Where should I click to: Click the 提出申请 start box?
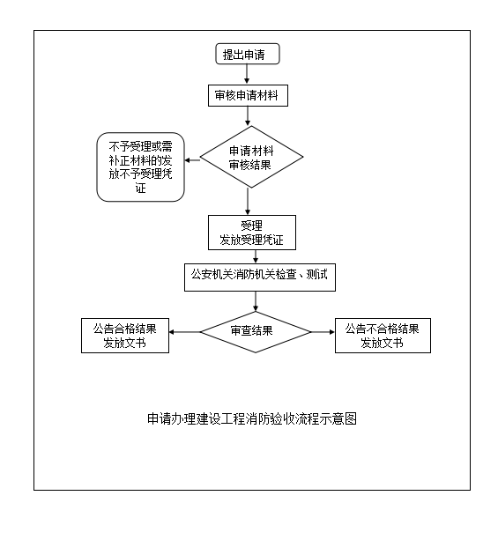(x=248, y=54)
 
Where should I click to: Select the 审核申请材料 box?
(x=248, y=95)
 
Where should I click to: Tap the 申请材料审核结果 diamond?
(x=251, y=157)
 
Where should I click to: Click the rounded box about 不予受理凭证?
(x=141, y=167)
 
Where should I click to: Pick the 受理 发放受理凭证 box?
(x=252, y=233)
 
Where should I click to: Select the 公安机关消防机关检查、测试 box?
(x=260, y=277)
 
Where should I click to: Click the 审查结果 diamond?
(x=256, y=332)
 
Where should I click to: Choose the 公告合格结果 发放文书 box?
(x=125, y=336)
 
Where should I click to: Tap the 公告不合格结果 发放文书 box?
(x=383, y=336)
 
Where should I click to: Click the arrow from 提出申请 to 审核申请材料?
(x=247, y=74)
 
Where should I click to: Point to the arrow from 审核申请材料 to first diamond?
(x=248, y=115)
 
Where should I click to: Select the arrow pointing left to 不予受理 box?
(x=192, y=160)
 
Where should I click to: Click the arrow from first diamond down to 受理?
(x=248, y=202)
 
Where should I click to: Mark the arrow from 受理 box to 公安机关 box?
(x=256, y=256)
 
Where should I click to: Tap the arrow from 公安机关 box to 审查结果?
(x=256, y=301)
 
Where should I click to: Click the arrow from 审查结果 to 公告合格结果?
(x=185, y=332)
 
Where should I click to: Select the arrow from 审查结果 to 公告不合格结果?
(x=323, y=332)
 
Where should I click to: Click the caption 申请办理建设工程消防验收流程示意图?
(x=252, y=418)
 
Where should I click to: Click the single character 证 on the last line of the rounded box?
(x=141, y=188)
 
